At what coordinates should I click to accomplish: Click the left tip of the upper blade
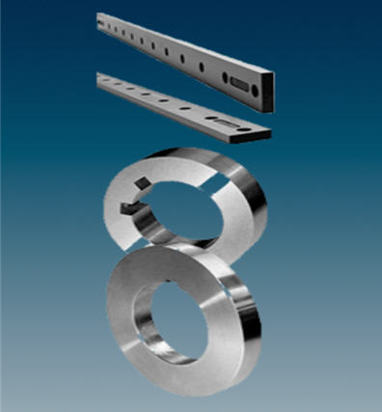[100, 16]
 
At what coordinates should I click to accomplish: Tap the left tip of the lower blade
[99, 80]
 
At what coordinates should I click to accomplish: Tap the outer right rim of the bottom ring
[256, 309]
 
